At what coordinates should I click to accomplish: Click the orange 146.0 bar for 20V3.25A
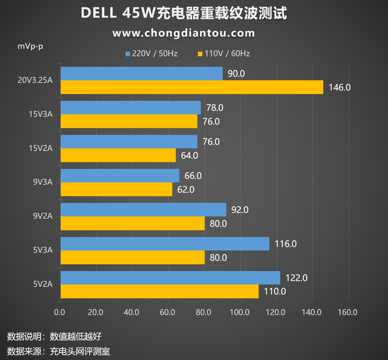pyautogui.click(x=192, y=87)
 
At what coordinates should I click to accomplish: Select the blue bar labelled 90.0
pyautogui.click(x=141, y=73)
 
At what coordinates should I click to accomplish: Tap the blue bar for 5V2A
pyautogui.click(x=170, y=278)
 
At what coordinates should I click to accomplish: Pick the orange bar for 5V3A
pyautogui.click(x=132, y=258)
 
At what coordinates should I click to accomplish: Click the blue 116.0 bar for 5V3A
pyautogui.click(x=164, y=244)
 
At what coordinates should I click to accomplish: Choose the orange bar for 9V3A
pyautogui.click(x=116, y=190)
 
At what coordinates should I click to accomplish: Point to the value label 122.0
pyautogui.click(x=296, y=278)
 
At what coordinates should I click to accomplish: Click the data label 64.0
pyautogui.click(x=189, y=155)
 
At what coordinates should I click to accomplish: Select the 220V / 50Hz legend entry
pyautogui.click(x=152, y=54)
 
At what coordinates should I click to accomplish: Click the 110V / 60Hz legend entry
pyautogui.click(x=224, y=54)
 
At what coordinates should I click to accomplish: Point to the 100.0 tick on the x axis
pyautogui.click(x=239, y=313)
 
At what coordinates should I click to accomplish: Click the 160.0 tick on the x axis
pyautogui.click(x=347, y=313)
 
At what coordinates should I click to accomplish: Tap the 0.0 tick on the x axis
pyautogui.click(x=60, y=313)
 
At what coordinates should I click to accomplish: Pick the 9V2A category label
pyautogui.click(x=42, y=216)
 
